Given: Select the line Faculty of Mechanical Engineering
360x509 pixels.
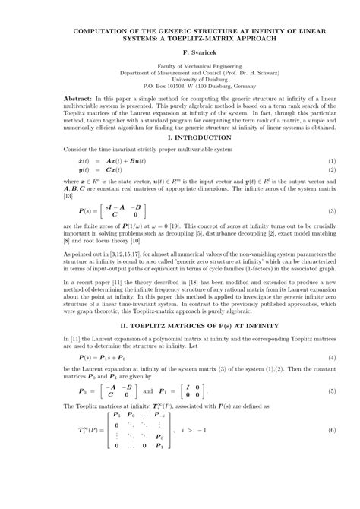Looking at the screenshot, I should tap(179, 66).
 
